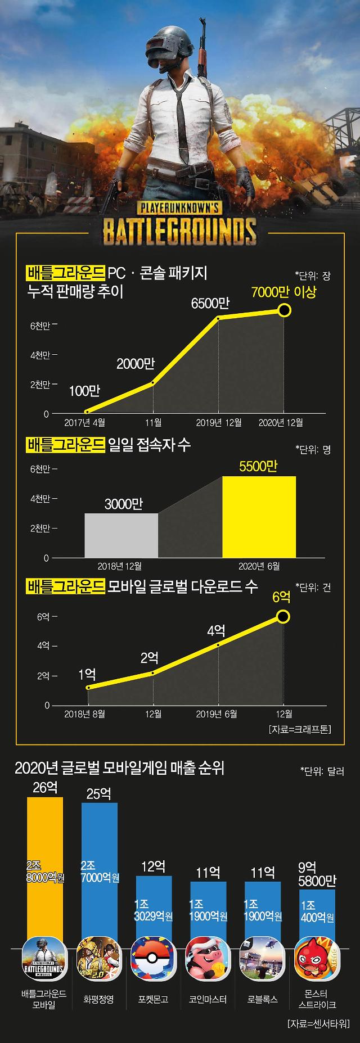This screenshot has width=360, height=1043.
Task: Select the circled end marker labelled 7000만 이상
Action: [285, 310]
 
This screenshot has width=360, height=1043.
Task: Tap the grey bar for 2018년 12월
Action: [121, 535]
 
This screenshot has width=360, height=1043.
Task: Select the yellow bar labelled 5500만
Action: [259, 517]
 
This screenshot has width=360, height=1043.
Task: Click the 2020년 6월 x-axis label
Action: [259, 566]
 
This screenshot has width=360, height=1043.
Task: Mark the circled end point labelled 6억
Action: [283, 617]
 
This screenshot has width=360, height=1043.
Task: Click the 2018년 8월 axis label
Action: [85, 714]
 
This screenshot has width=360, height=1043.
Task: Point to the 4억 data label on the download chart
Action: [216, 630]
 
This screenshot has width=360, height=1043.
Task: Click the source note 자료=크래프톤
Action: [300, 729]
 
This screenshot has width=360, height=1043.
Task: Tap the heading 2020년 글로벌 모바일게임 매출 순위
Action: [119, 768]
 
